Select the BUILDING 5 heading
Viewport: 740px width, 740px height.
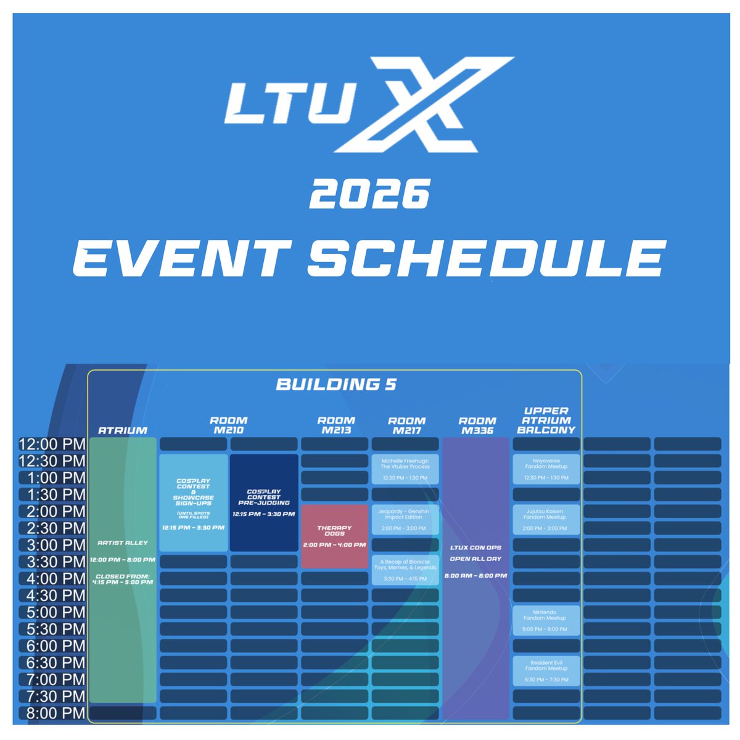pyautogui.click(x=336, y=385)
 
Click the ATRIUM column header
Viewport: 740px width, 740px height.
pyautogui.click(x=123, y=430)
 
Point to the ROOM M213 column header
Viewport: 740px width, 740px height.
pyautogui.click(x=336, y=425)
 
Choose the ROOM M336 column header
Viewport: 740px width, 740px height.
pyautogui.click(x=477, y=425)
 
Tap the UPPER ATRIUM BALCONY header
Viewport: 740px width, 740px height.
pyautogui.click(x=546, y=420)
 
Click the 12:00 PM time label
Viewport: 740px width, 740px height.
pyautogui.click(x=52, y=444)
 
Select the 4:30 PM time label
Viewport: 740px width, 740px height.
pyautogui.click(x=52, y=596)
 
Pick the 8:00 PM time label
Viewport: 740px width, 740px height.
pyautogui.click(x=52, y=713)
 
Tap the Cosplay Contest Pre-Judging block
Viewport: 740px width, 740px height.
pyautogui.click(x=263, y=503)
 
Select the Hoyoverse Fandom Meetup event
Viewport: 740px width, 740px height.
pyautogui.click(x=546, y=469)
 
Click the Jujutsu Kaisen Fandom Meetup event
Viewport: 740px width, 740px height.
pyautogui.click(x=546, y=519)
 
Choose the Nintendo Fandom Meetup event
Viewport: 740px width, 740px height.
pyautogui.click(x=546, y=620)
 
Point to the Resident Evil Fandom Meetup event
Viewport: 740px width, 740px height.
pyautogui.click(x=546, y=671)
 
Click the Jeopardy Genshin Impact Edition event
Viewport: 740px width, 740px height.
pyautogui.click(x=405, y=519)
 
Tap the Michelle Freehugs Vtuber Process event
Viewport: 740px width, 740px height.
pyautogui.click(x=405, y=469)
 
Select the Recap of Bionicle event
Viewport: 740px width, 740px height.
pyautogui.click(x=405, y=570)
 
